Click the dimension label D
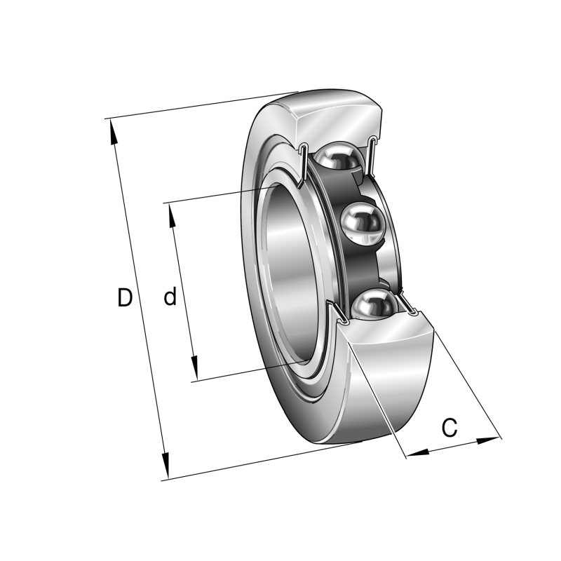pos(124,298)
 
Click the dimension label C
pos(450,426)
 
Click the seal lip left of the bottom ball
pos(337,312)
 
